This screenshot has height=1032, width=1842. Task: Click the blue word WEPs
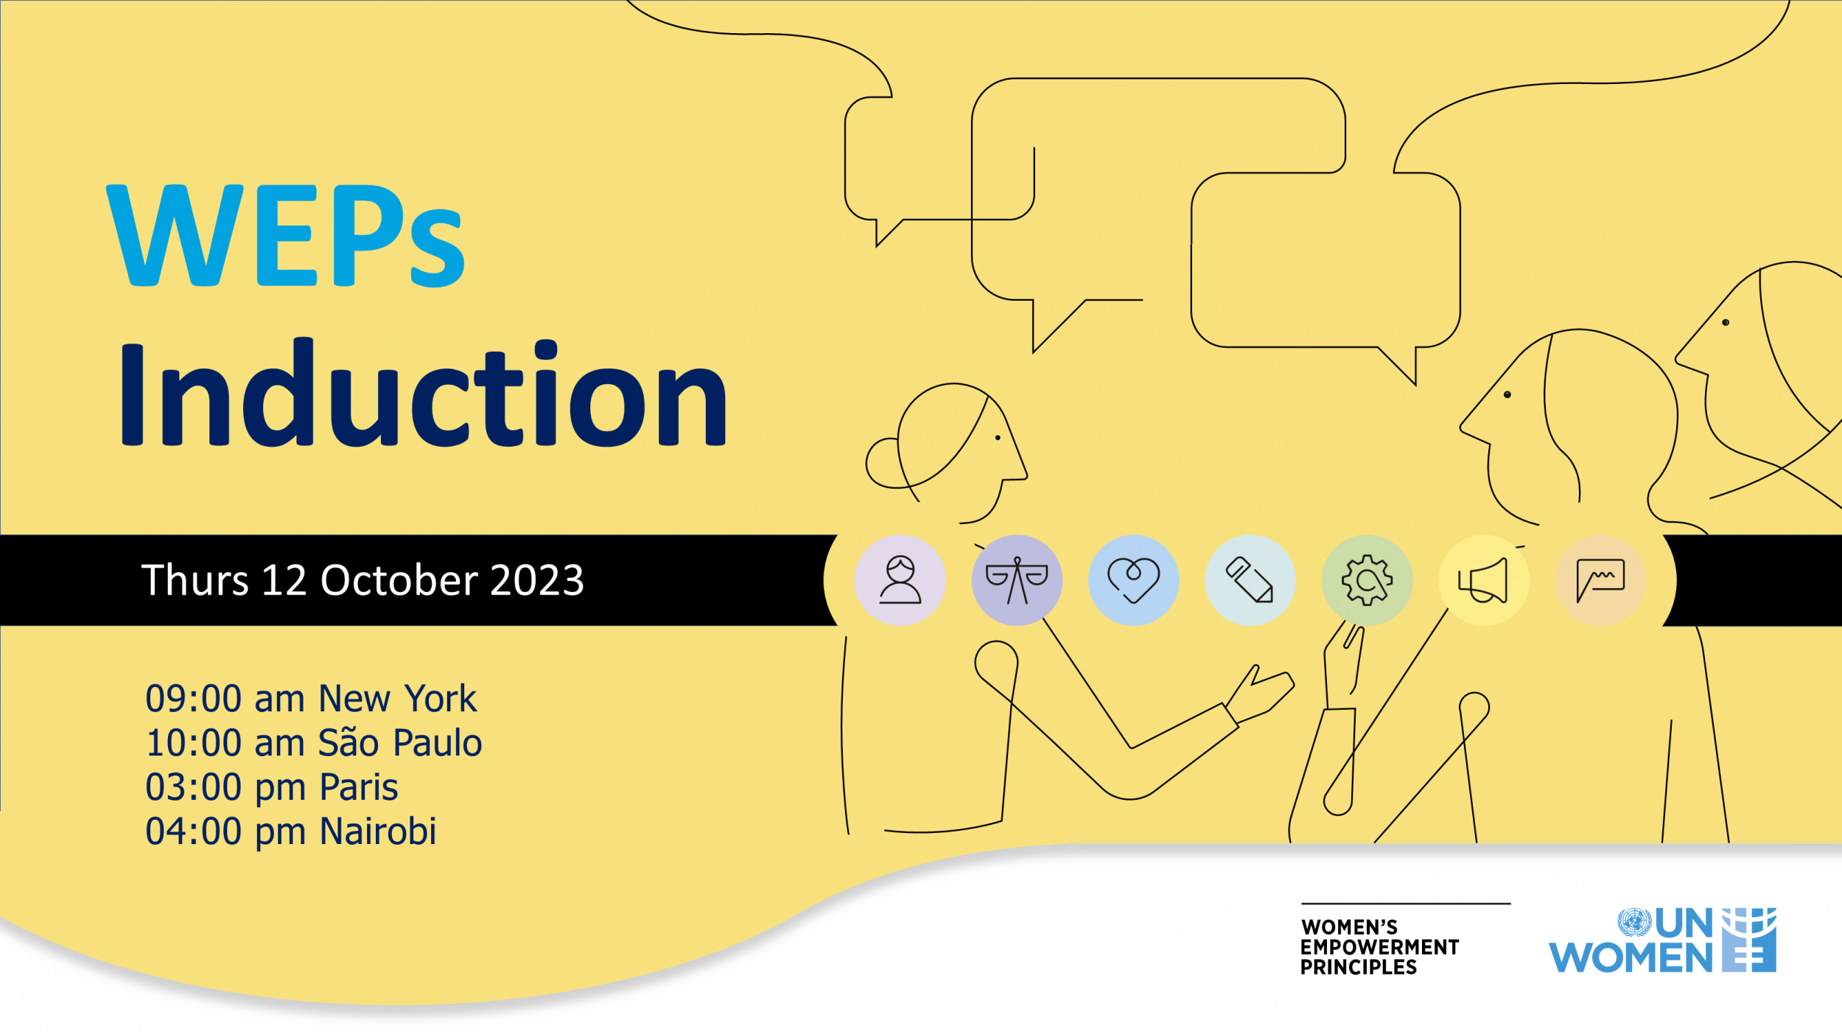(286, 235)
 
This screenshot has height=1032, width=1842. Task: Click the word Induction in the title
(423, 394)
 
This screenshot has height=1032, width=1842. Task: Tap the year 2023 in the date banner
(537, 580)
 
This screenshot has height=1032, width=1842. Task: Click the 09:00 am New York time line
(310, 698)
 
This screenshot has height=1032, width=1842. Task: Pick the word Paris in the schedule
(359, 787)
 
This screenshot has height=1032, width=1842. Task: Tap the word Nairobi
(378, 831)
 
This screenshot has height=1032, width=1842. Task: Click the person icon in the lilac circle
(900, 580)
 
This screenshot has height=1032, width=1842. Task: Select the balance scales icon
(1017, 580)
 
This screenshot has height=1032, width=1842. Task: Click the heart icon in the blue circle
(1133, 580)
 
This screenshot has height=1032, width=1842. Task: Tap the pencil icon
(1250, 580)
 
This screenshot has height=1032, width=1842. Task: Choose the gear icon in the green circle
(1367, 580)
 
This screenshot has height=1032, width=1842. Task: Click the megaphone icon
(1483, 580)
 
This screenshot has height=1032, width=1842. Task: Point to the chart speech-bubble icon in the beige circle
(1600, 580)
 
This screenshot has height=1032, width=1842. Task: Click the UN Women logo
(1662, 941)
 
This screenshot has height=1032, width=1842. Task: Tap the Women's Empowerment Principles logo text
(1379, 946)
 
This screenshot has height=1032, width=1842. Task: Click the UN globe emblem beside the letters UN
(1634, 922)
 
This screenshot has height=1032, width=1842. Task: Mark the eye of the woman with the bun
(998, 438)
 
